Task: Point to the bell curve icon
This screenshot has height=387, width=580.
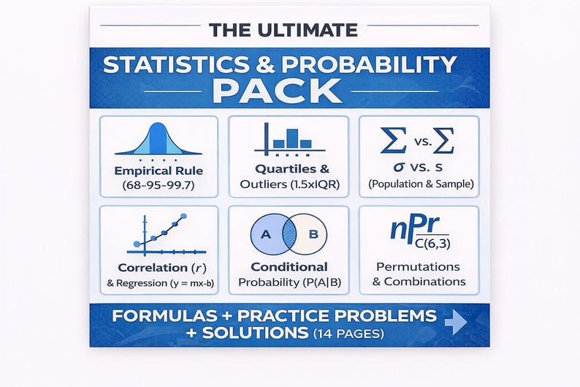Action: click(x=159, y=140)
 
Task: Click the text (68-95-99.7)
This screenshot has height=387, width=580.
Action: click(x=158, y=187)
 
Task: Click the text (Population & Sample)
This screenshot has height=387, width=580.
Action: click(x=420, y=184)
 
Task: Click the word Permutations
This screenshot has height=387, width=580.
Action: click(x=419, y=266)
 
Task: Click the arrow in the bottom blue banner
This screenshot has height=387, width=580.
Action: click(x=456, y=322)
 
